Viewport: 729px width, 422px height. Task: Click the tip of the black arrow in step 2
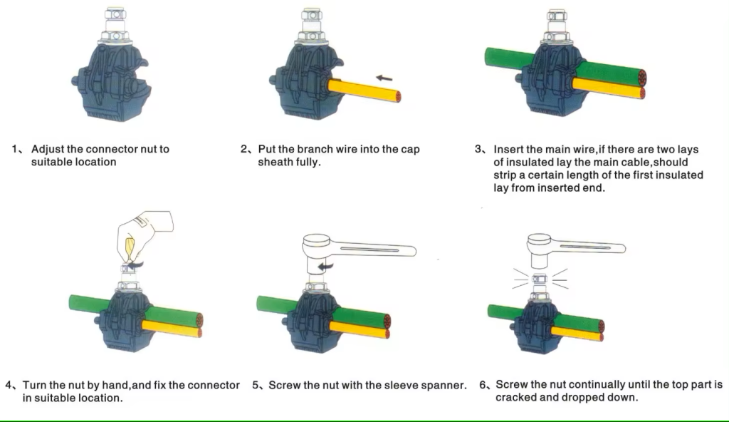[376, 77]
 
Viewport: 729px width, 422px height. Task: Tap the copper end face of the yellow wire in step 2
[398, 96]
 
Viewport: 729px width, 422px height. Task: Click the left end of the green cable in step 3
[486, 56]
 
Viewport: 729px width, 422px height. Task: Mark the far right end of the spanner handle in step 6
[625, 248]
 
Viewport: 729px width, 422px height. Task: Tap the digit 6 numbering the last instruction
[483, 385]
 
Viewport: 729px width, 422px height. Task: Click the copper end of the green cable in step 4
[200, 319]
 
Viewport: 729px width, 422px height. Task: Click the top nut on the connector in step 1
[115, 14]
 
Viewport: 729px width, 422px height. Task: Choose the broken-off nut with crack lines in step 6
[540, 279]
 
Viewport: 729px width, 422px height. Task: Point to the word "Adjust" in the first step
[48, 150]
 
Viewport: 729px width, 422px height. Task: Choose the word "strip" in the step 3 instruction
[503, 175]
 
